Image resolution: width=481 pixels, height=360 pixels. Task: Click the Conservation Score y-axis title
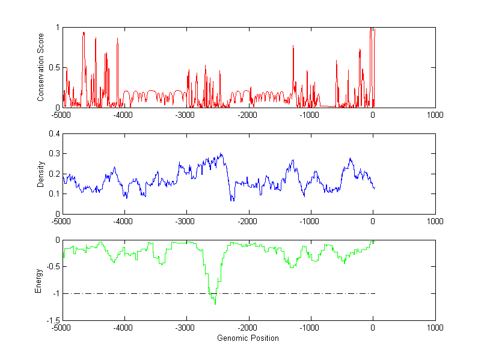(41, 67)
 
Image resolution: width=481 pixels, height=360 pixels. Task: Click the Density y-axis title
(41, 174)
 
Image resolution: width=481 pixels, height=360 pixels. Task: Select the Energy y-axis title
(39, 279)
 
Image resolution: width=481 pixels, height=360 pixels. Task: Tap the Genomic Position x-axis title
(248, 338)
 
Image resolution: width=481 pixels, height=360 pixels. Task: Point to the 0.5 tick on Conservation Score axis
(55, 67)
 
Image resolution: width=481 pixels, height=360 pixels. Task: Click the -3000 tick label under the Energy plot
(185, 328)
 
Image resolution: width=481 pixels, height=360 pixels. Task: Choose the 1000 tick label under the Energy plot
(435, 328)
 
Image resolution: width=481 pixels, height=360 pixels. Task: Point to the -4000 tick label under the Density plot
(123, 221)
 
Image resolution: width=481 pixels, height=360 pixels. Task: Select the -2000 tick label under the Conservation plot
(248, 115)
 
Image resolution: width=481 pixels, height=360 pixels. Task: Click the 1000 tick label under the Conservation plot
(435, 115)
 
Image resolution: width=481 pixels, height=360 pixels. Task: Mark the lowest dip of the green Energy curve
(215, 304)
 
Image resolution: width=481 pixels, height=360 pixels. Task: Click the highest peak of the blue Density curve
(221, 154)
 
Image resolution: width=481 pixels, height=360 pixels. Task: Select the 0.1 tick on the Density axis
(55, 194)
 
